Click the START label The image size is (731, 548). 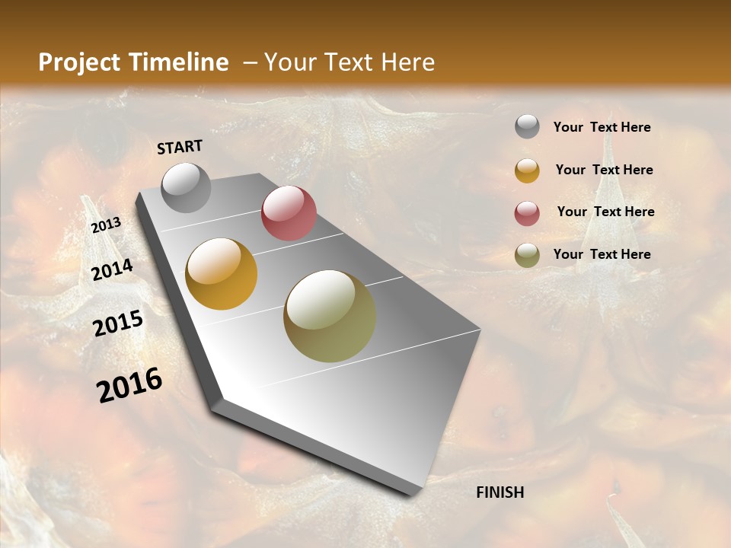pyautogui.click(x=180, y=147)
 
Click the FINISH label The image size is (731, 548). pyautogui.click(x=500, y=492)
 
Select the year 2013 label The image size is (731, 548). pyautogui.click(x=106, y=225)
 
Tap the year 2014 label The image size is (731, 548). pyautogui.click(x=113, y=269)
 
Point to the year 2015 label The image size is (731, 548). pyautogui.click(x=118, y=323)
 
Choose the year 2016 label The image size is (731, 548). pyautogui.click(x=129, y=384)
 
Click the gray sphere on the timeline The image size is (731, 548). pyautogui.click(x=186, y=187)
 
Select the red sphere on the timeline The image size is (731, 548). pyautogui.click(x=289, y=213)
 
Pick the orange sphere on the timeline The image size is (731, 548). pyautogui.click(x=222, y=273)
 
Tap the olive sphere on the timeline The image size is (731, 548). pyautogui.click(x=330, y=315)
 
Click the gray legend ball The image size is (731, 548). pyautogui.click(x=527, y=126)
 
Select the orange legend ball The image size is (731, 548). pyautogui.click(x=527, y=170)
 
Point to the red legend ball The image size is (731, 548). pyautogui.click(x=527, y=213)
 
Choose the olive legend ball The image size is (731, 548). pyautogui.click(x=527, y=255)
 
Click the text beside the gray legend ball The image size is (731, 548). pyautogui.click(x=602, y=127)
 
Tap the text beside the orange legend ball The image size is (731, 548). pyautogui.click(x=604, y=170)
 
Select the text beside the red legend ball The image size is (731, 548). pyautogui.click(x=605, y=212)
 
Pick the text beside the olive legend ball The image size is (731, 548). pyautogui.click(x=602, y=254)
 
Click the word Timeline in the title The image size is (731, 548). pyautogui.click(x=180, y=62)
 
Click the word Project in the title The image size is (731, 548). pyautogui.click(x=78, y=62)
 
